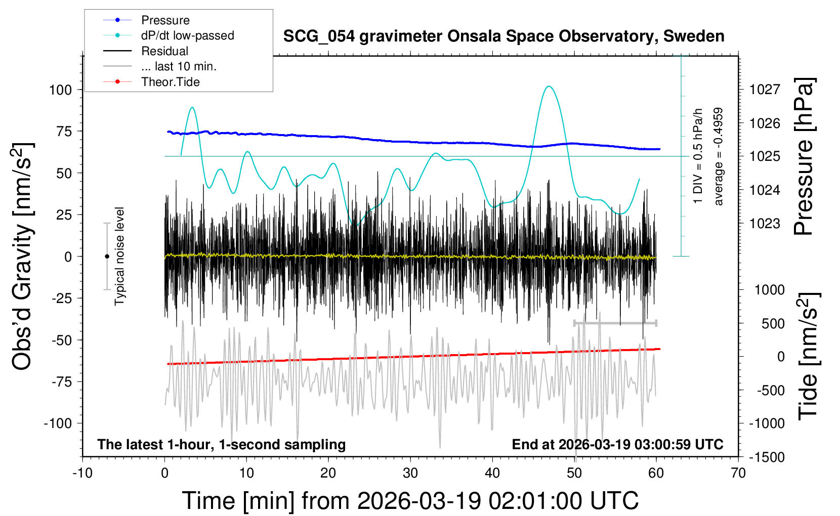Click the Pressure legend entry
165,20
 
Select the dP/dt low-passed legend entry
187,35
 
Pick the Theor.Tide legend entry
170,82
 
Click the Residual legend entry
164,51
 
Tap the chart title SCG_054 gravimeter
503,36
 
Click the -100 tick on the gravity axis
58,423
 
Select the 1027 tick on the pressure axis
765,90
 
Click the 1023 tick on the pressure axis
765,224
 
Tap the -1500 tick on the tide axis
767,457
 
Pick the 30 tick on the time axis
410,474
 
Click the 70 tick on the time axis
738,474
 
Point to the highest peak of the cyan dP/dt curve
549,87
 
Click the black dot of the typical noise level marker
107,256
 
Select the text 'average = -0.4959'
718,156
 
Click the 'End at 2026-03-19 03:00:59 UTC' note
617,445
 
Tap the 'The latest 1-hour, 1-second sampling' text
222,445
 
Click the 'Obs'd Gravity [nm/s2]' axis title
23,256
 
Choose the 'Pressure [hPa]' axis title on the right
804,156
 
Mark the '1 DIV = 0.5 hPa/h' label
698,156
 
